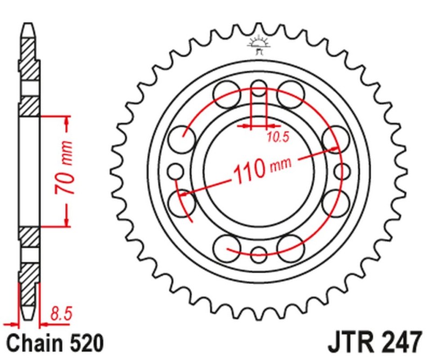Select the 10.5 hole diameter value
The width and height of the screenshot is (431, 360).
click(x=278, y=137)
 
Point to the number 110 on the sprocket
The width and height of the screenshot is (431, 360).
click(x=249, y=170)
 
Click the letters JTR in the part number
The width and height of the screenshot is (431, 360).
click(x=349, y=343)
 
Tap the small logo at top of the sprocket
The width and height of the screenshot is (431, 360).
click(x=259, y=45)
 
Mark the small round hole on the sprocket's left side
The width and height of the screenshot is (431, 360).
click(x=176, y=172)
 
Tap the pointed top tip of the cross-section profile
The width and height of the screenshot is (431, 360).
click(x=30, y=25)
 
